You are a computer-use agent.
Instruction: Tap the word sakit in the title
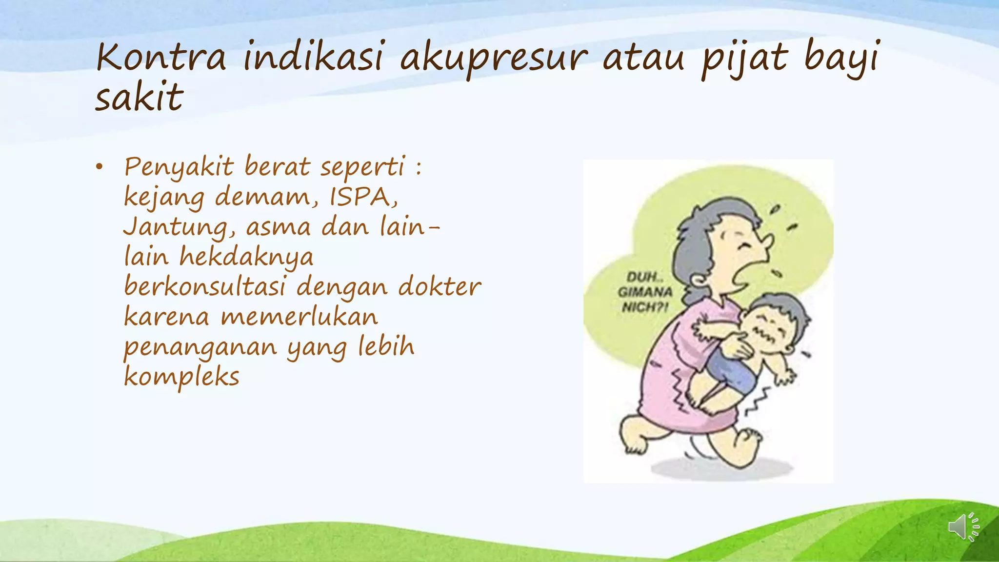click(x=139, y=97)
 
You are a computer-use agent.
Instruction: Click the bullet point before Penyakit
click(x=100, y=167)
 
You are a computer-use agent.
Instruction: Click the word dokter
click(x=440, y=287)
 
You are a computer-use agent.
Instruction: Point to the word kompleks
click(x=182, y=377)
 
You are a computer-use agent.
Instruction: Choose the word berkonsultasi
click(x=204, y=287)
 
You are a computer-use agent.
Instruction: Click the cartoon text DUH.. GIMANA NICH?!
click(x=645, y=292)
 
